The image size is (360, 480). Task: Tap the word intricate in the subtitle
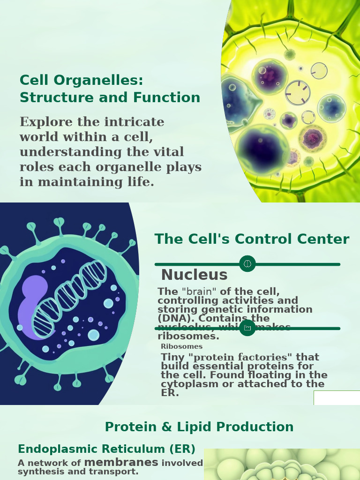tap(134, 122)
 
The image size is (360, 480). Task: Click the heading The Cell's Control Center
tap(252, 239)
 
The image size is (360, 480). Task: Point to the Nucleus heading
tap(194, 275)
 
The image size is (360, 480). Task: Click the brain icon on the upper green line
tap(247, 264)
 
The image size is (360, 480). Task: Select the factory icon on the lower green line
tap(247, 328)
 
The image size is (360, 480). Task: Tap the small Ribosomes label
tap(181, 346)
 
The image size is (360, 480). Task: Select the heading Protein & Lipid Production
tap(199, 427)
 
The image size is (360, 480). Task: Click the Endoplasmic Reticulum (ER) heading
tap(106, 449)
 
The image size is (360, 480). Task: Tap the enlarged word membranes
tap(121, 463)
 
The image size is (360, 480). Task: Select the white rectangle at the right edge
tap(337, 397)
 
